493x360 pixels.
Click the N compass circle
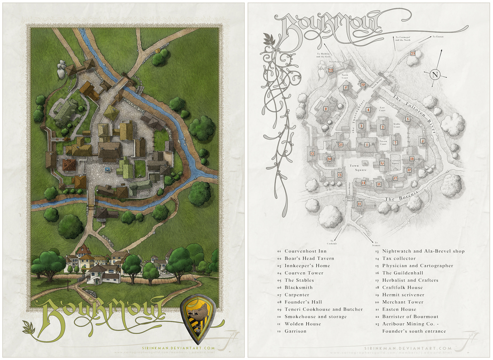(x=435, y=75)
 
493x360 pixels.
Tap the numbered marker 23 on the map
(x=412, y=54)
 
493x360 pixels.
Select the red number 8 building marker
(x=326, y=108)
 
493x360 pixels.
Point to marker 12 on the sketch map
(x=312, y=153)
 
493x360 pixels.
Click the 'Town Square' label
(x=355, y=168)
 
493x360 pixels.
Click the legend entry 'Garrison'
(x=295, y=331)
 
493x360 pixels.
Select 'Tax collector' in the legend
(x=399, y=258)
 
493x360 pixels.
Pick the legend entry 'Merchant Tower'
(x=403, y=302)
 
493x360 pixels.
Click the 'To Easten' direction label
(x=438, y=36)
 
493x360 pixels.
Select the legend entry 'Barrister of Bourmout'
(x=410, y=317)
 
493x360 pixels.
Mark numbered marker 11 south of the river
(x=359, y=203)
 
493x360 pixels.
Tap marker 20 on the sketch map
(x=329, y=159)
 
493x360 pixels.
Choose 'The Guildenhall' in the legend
(x=403, y=273)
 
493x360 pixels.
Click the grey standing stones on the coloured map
(x=60, y=70)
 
